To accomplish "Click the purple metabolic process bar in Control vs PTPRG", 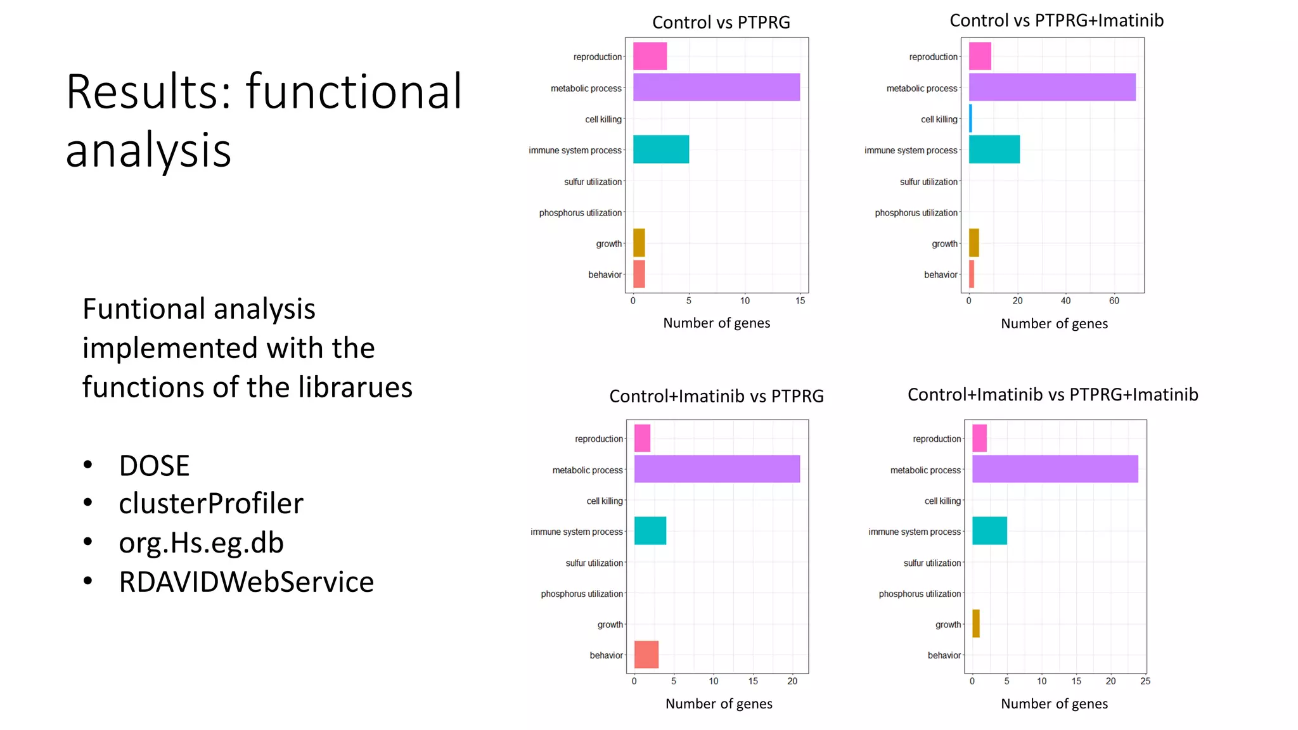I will click(716, 87).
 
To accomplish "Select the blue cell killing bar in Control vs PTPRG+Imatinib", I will click(970, 118).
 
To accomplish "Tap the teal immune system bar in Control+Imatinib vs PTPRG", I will click(650, 530).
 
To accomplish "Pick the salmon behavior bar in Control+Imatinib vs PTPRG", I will click(646, 654).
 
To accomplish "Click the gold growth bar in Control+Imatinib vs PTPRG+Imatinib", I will click(976, 624).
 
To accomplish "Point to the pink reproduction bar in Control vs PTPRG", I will click(650, 56).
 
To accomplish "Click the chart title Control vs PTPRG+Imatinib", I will click(1057, 21).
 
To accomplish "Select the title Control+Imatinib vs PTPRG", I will click(716, 397).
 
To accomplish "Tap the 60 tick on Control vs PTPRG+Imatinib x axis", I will click(1114, 301).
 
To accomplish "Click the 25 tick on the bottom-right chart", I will click(1145, 681).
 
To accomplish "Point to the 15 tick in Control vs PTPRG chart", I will click(800, 301).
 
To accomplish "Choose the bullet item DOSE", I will click(154, 466).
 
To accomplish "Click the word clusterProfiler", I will click(211, 504).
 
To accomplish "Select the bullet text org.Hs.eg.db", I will click(201, 543).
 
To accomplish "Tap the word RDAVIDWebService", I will click(246, 582).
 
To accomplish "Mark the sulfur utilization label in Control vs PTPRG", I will click(593, 182).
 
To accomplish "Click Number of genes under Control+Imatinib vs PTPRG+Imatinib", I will click(1054, 704).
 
